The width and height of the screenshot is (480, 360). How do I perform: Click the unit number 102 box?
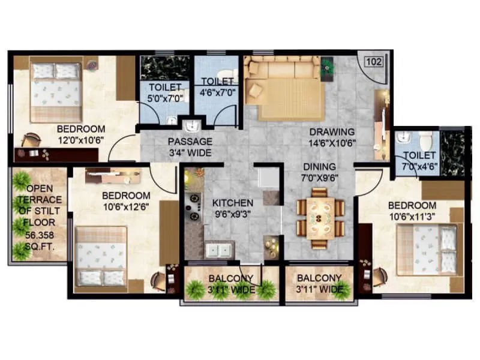(374, 61)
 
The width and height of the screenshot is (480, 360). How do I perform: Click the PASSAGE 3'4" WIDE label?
(190, 146)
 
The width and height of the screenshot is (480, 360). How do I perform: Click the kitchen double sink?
(217, 249)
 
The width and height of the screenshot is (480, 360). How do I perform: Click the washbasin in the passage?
(191, 127)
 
